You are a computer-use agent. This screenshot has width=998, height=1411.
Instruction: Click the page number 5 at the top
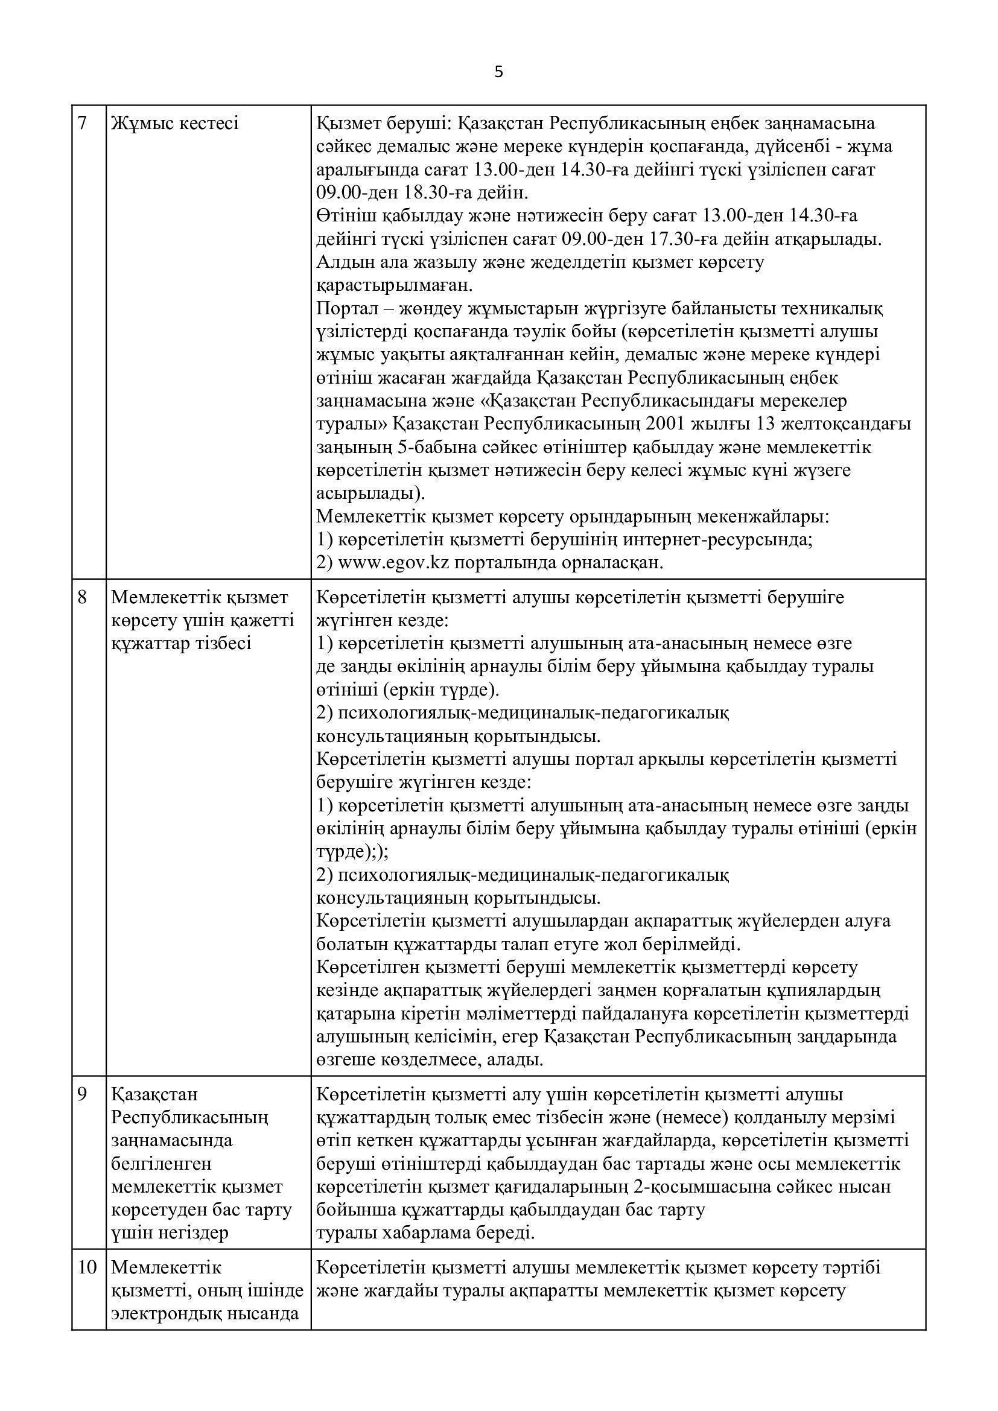point(498,72)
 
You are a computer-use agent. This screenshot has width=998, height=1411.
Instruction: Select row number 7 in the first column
point(83,124)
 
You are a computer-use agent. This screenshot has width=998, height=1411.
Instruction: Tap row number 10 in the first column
point(87,1267)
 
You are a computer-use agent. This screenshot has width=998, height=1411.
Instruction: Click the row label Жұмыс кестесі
point(175,124)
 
